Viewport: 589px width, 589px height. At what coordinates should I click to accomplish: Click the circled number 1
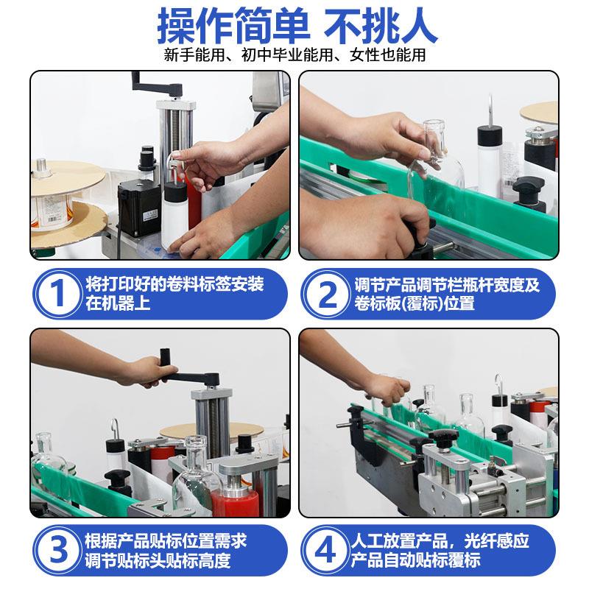[x=57, y=294]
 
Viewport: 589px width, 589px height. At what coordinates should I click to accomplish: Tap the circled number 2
[x=326, y=294]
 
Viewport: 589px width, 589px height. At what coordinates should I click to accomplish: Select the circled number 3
[x=57, y=551]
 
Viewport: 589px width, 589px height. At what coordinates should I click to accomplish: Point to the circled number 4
[x=325, y=551]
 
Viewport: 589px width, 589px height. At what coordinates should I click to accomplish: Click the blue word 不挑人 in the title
[x=381, y=26]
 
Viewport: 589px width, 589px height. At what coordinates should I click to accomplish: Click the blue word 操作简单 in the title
[x=233, y=26]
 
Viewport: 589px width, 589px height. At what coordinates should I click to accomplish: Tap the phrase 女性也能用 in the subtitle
[x=388, y=55]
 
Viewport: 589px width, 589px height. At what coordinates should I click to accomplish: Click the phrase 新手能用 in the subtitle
[x=194, y=55]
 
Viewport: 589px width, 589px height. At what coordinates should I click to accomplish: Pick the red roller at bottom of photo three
[x=234, y=501]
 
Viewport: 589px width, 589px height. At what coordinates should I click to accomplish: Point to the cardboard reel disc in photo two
[x=539, y=111]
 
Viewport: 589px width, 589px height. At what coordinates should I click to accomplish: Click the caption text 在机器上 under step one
[x=118, y=303]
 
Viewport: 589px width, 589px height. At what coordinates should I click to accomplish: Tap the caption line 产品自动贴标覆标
[x=415, y=560]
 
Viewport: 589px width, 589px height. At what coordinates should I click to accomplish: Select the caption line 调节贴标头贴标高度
[x=158, y=560]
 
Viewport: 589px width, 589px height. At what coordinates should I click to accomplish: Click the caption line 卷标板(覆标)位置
[x=415, y=303]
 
